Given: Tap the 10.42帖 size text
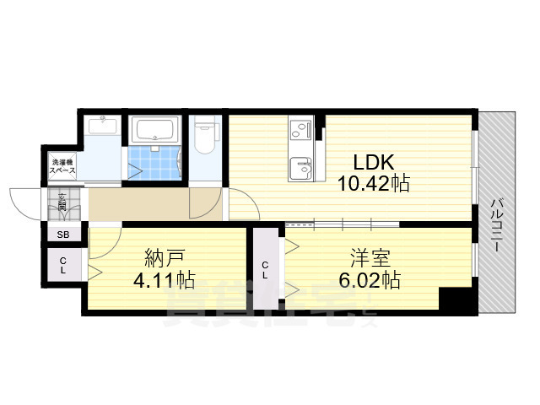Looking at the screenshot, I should point(375,183).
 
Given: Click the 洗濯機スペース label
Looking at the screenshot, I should point(62,166).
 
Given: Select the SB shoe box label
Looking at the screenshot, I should point(62,235).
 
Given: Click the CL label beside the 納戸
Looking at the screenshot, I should point(62,266).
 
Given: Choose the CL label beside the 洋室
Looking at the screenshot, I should point(265,271).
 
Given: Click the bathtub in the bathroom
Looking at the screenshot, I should point(154,130).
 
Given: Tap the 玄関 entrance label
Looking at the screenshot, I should point(62,203).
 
